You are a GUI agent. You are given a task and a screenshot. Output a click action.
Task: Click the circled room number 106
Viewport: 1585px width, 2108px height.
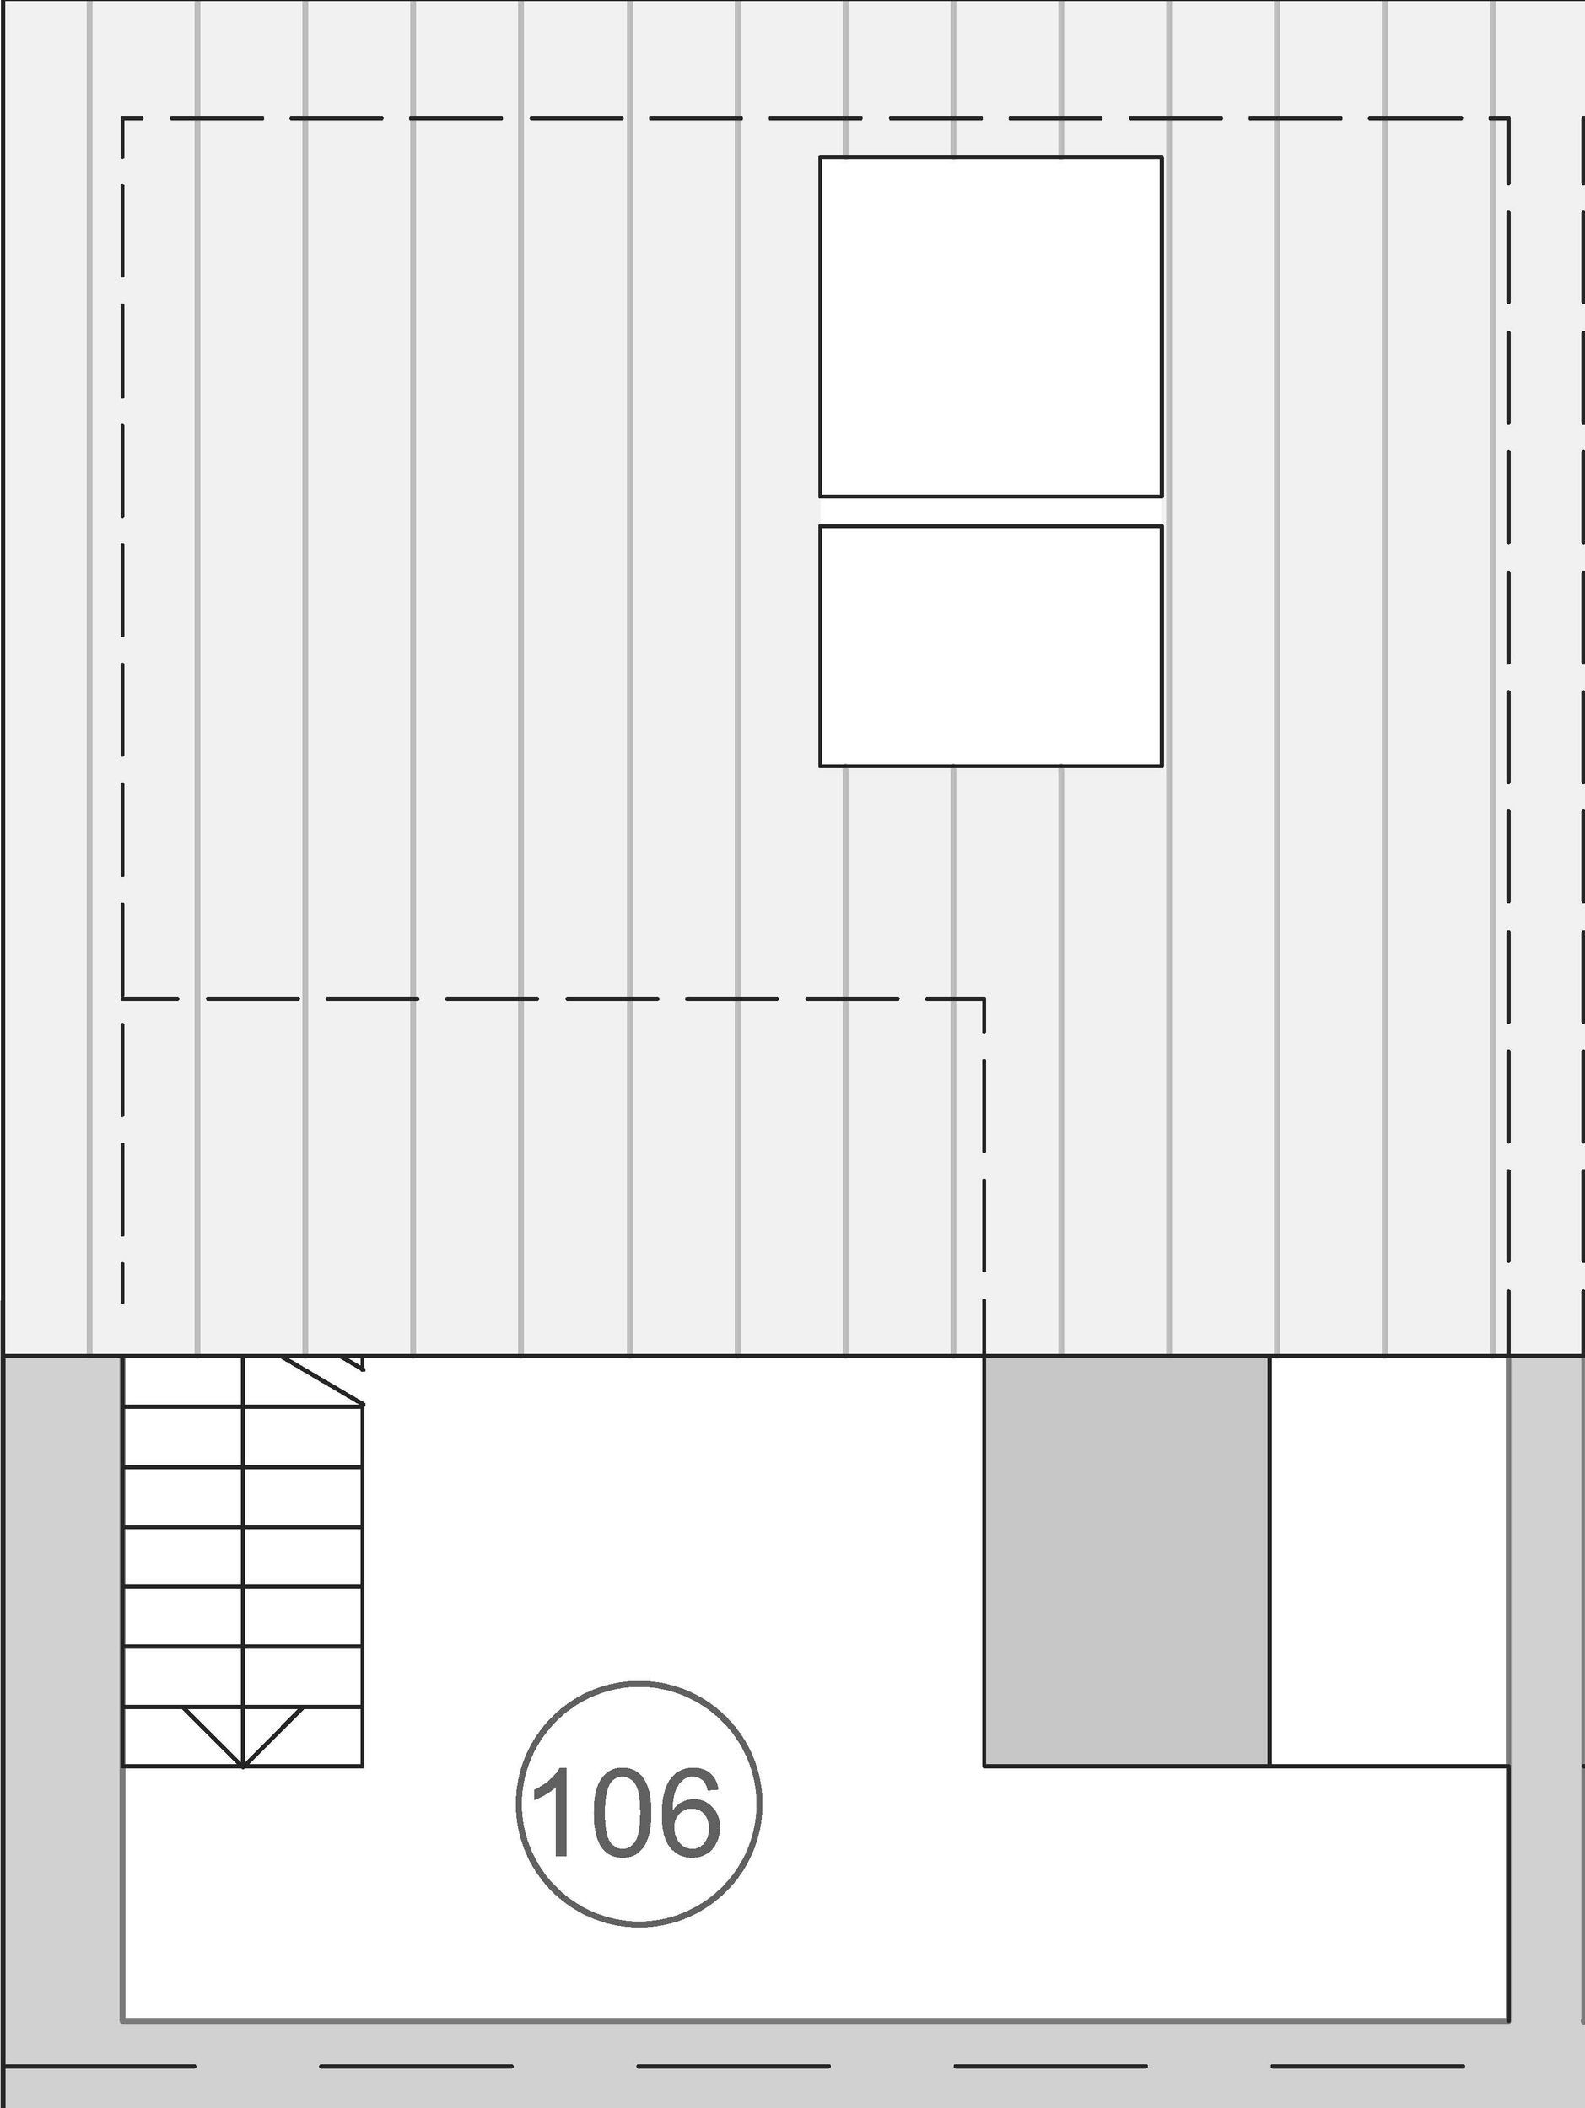639,1804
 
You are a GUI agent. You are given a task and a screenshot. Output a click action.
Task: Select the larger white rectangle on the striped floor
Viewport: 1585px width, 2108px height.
990,326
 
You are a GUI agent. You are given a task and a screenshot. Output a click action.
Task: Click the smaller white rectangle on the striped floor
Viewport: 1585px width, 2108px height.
990,646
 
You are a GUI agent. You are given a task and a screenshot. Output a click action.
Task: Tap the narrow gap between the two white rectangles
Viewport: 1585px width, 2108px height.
990,511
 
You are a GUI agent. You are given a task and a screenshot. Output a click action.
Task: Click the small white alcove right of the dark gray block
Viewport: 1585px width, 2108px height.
1388,1560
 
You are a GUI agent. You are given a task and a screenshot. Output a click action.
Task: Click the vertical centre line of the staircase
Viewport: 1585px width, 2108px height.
244,1563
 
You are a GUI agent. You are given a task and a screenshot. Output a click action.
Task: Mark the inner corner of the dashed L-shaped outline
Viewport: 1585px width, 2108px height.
984,998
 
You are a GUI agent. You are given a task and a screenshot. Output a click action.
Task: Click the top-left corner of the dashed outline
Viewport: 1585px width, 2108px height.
123,118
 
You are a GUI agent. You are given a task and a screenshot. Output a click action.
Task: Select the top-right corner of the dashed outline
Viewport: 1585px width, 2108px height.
1507,118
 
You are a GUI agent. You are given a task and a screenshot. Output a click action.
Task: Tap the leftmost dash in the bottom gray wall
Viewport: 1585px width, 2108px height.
100,2066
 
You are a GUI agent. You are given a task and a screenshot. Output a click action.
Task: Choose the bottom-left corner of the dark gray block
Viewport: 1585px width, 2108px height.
984,1766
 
